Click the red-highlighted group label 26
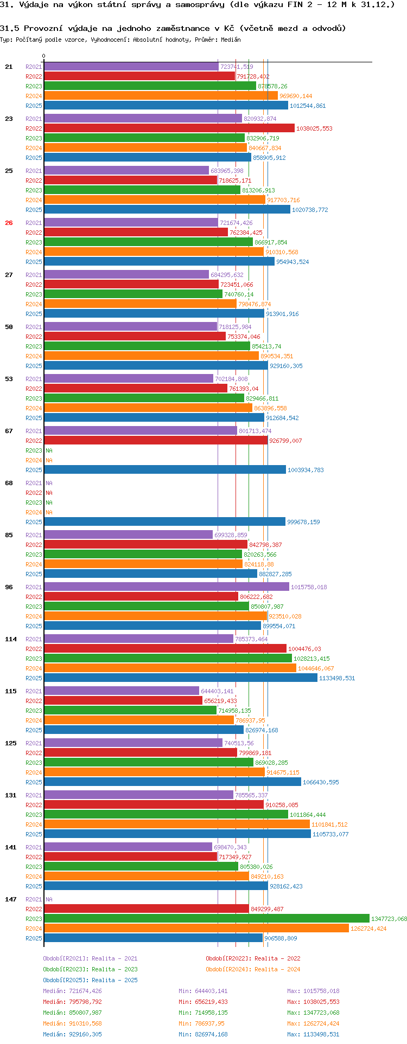9,223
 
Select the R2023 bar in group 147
207,919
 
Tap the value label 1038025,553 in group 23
314,128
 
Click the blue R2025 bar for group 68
164,522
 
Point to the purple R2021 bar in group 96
167,587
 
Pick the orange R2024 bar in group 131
177,824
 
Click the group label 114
11,639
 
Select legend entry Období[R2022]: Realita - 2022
253,958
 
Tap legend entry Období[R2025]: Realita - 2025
90,980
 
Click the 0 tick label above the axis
44,56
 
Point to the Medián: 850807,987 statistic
72,1013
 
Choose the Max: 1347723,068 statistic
313,1013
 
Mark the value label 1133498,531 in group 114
337,678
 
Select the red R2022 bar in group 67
156,441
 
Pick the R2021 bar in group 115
122,691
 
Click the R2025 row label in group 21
34,106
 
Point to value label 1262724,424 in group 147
368,929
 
